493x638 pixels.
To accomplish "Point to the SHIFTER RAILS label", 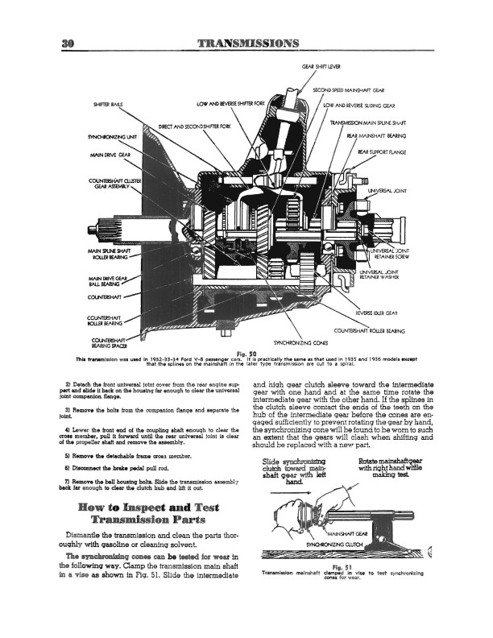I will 110,104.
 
